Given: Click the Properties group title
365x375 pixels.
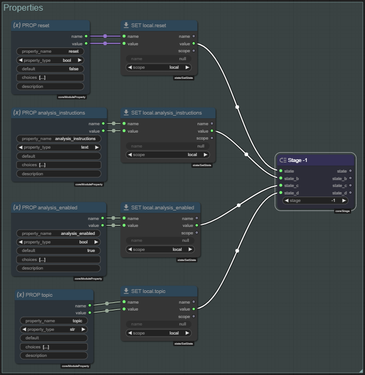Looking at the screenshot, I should (x=23, y=8).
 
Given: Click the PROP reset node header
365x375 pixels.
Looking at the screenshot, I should (x=51, y=26).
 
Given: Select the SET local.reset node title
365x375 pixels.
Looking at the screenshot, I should (x=159, y=26).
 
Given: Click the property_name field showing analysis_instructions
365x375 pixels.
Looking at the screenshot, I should (x=59, y=138).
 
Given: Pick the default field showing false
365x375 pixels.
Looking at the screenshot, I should (x=51, y=69).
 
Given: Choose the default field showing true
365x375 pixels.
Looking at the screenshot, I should (x=59, y=250).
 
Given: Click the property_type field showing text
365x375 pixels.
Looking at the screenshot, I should (x=59, y=147).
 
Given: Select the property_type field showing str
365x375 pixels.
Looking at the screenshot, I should (x=54, y=329).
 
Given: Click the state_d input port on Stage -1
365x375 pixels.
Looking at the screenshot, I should (x=281, y=193).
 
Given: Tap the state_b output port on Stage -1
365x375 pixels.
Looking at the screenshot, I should (x=350, y=178).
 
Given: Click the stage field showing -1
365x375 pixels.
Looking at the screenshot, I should (x=315, y=201).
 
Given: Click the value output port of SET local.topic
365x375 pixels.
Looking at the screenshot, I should (x=194, y=309).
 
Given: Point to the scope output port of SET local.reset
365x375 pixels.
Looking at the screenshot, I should (x=194, y=51).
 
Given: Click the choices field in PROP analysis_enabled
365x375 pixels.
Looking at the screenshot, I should (x=59, y=259).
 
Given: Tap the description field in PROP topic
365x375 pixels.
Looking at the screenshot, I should (x=54, y=355).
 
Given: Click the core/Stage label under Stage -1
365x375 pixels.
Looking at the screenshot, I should (x=343, y=211).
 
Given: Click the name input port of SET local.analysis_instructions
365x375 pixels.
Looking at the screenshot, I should (x=124, y=124).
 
